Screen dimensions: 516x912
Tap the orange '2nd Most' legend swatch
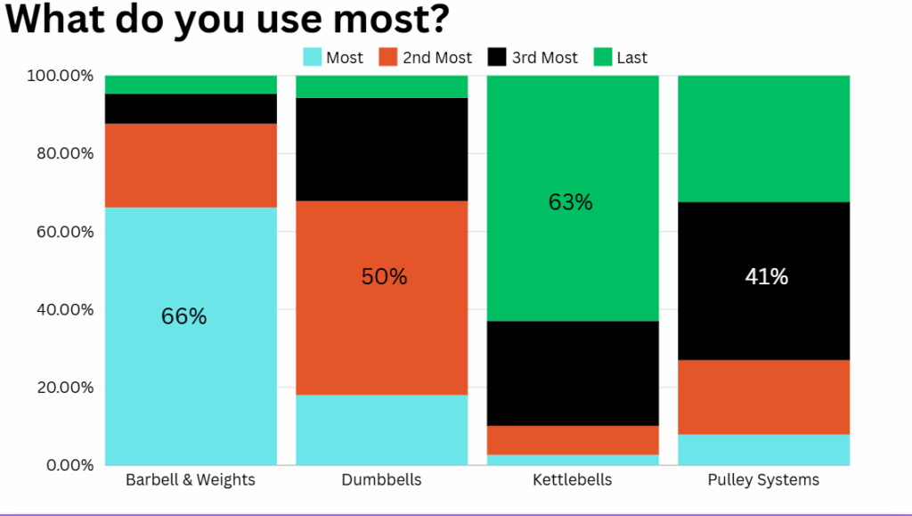[x=387, y=58]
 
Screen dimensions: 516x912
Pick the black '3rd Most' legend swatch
[x=496, y=58]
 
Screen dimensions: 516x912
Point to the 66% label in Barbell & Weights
[x=183, y=316]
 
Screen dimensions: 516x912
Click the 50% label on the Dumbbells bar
[x=384, y=277]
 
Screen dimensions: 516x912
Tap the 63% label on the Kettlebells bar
[x=570, y=202]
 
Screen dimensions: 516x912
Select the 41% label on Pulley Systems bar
[x=766, y=277]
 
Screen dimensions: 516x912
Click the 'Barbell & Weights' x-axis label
[x=191, y=480]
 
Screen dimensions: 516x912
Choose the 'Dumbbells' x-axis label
[x=381, y=480]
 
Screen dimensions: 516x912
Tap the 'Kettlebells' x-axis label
[x=572, y=480]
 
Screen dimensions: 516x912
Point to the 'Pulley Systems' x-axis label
[x=763, y=480]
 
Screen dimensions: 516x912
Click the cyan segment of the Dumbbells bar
[x=381, y=430]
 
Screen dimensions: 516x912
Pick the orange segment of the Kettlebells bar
[x=572, y=440]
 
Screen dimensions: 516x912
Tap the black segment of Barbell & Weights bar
[x=191, y=109]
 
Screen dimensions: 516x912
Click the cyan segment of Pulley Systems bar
[x=763, y=449]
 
